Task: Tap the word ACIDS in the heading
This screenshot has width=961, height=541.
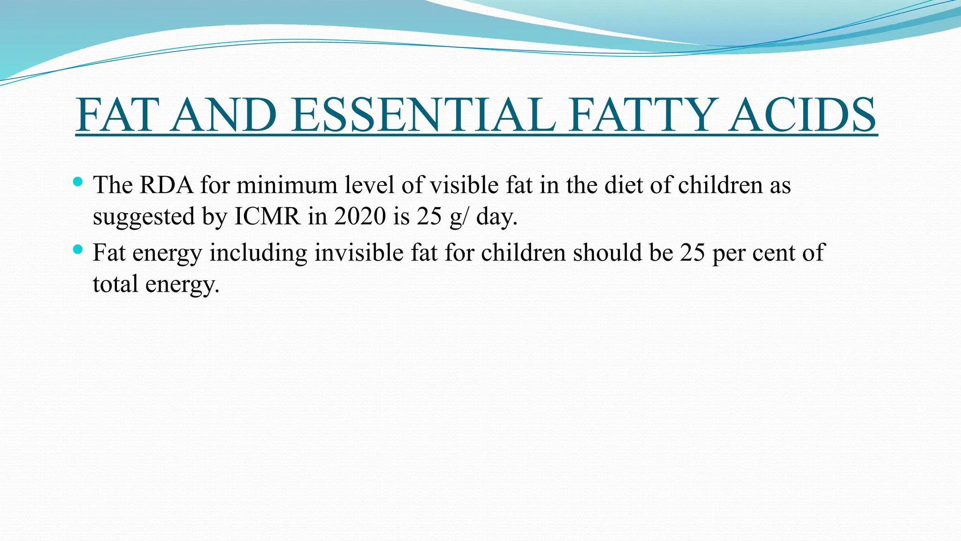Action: point(803,115)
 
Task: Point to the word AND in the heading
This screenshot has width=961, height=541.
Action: point(223,115)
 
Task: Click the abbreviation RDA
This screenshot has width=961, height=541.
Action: point(167,185)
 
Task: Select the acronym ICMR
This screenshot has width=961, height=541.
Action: point(267,216)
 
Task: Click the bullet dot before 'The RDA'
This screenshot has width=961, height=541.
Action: point(78,181)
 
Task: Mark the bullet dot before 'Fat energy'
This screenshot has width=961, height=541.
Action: point(78,249)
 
